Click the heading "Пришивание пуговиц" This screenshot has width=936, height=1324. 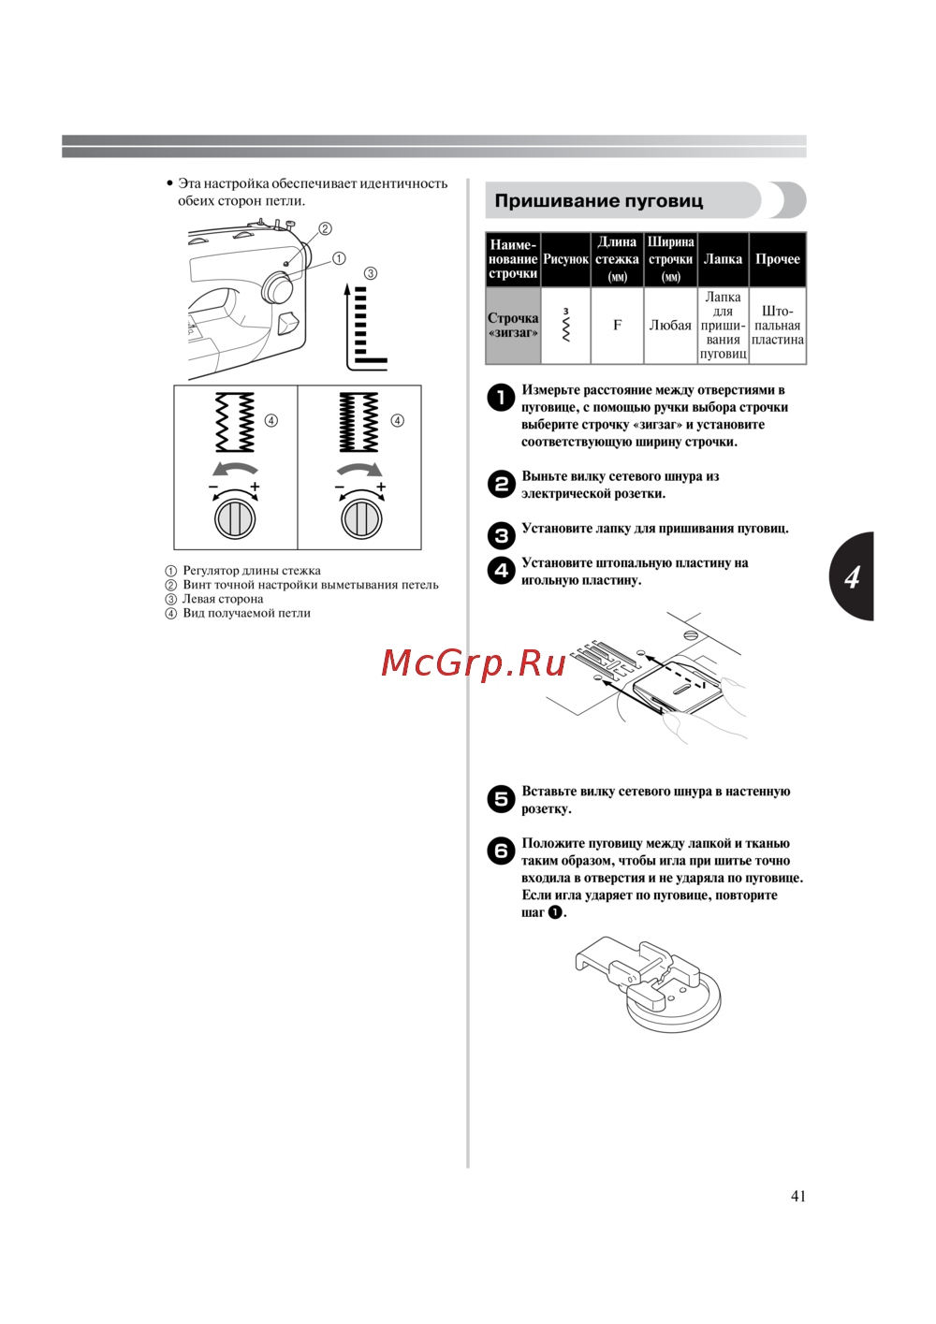point(598,201)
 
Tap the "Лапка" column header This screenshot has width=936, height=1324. point(723,259)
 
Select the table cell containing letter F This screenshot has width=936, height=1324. point(617,326)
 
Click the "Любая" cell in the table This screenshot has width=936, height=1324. point(670,326)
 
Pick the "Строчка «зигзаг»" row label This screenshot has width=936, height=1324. point(513,326)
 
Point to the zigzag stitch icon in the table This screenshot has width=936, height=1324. point(565,326)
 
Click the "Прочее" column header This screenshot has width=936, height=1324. point(777,259)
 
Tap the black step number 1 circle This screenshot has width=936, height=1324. point(502,398)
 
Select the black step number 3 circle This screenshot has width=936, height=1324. point(502,535)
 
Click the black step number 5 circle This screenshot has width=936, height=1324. point(502,799)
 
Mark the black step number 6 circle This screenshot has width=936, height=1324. point(502,851)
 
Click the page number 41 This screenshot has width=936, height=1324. point(797,1196)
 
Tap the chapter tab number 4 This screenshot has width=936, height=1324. point(852,576)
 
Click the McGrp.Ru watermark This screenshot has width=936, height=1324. point(474,663)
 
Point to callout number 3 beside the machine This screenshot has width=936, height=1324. point(371,273)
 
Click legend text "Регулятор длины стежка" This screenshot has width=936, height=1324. point(251,571)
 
